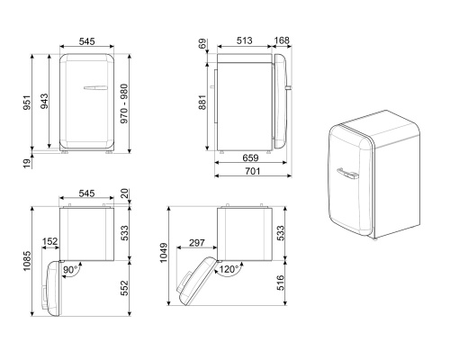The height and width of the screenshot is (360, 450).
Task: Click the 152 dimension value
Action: pos(49,240)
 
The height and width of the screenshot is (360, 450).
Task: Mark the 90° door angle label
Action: pos(68,267)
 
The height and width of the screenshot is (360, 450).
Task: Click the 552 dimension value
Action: pos(126,287)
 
